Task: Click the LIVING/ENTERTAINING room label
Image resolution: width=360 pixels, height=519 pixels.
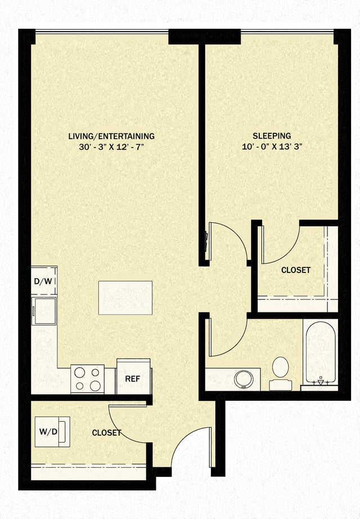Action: click(111, 136)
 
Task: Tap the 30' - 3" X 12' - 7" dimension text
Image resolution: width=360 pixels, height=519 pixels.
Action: click(111, 146)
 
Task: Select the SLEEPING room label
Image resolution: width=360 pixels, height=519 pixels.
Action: click(272, 136)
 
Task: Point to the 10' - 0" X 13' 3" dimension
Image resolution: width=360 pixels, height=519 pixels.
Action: click(272, 146)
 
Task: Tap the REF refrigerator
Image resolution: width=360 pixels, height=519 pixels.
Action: click(133, 378)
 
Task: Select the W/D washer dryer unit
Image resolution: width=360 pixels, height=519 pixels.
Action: click(49, 432)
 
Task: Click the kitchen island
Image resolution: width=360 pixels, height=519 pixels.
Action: click(125, 298)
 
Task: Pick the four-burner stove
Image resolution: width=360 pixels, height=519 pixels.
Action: click(87, 379)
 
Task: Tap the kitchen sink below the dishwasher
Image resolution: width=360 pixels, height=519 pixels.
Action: click(44, 311)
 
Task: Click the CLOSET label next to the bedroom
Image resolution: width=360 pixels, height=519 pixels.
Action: click(295, 270)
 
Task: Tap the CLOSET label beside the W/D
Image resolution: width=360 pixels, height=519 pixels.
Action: click(106, 433)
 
